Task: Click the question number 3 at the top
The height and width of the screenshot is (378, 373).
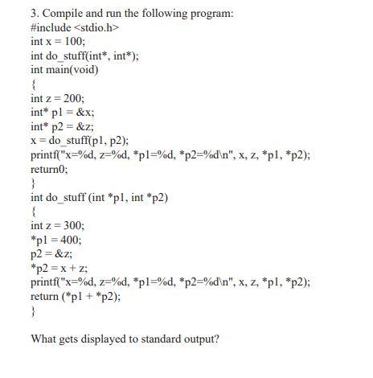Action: click(34, 13)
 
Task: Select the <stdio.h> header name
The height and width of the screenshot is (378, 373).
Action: click(100, 27)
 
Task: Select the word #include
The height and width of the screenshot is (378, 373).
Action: click(50, 27)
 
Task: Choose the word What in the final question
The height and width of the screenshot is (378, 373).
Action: click(44, 339)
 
